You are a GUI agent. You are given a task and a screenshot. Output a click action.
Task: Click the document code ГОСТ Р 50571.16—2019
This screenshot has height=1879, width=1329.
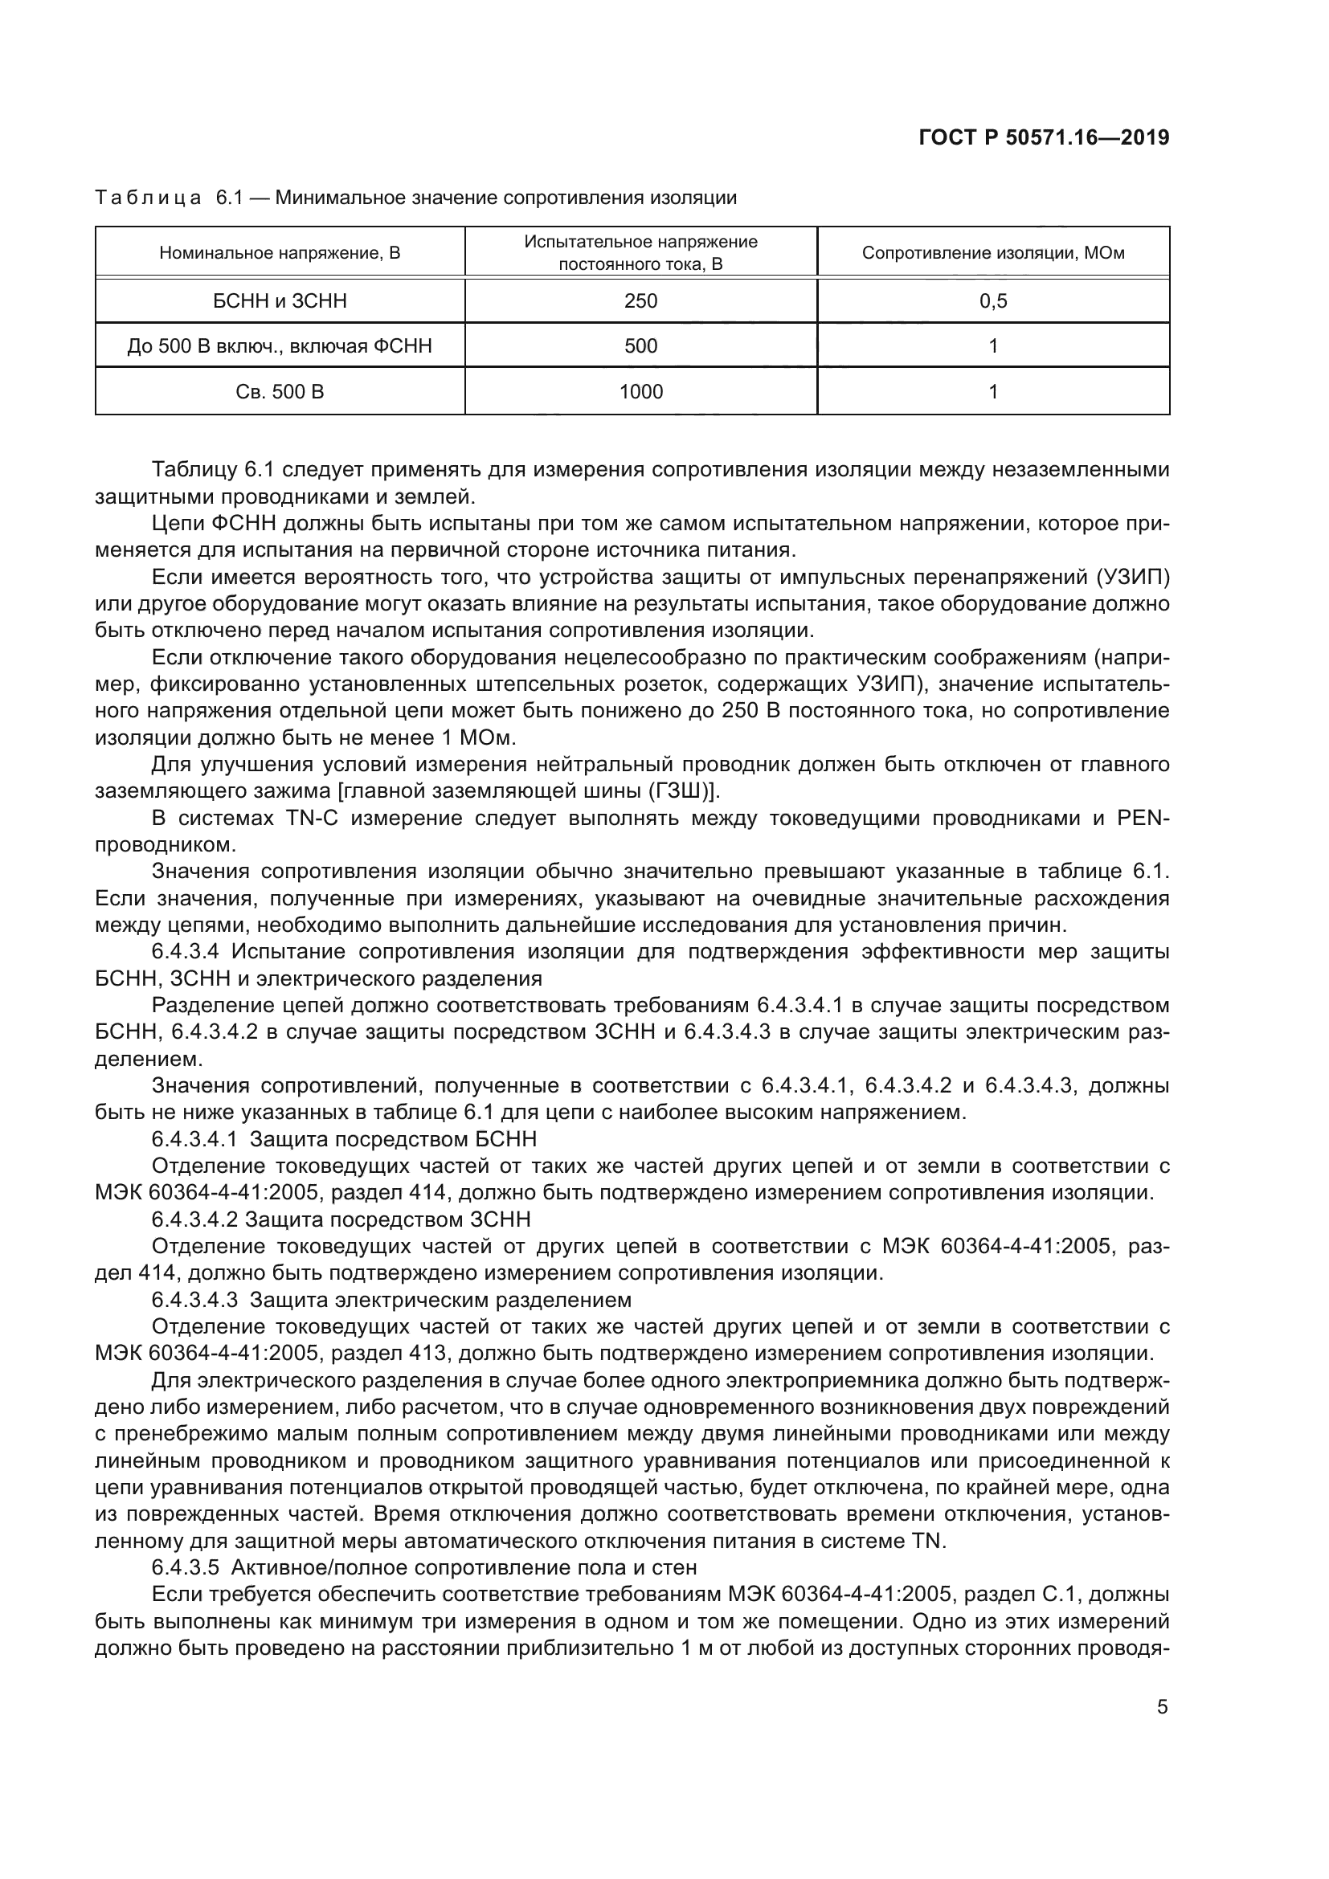(1044, 138)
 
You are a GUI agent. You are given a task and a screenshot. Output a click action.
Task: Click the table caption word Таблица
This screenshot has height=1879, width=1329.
(148, 198)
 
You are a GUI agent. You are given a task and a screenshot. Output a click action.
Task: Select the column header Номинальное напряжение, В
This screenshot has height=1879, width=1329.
(280, 253)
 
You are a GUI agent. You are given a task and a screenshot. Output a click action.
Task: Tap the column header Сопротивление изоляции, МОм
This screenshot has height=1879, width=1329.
(992, 253)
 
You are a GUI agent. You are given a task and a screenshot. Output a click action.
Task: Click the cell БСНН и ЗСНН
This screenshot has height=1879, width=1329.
(280, 301)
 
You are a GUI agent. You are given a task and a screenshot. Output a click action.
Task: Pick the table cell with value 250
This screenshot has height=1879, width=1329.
(640, 301)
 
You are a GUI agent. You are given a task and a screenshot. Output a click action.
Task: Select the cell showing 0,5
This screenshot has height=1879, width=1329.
(992, 301)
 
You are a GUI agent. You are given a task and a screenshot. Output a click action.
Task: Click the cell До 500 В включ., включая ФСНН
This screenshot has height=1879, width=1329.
(280, 346)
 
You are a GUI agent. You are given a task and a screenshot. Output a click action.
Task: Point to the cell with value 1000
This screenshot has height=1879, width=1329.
(640, 392)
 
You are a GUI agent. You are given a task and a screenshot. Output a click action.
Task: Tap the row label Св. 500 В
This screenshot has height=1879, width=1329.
(280, 392)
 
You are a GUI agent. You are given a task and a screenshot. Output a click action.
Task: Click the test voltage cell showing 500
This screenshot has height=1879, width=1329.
(640, 346)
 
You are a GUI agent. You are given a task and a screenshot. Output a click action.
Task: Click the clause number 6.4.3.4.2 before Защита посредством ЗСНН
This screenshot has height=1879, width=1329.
(194, 1219)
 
